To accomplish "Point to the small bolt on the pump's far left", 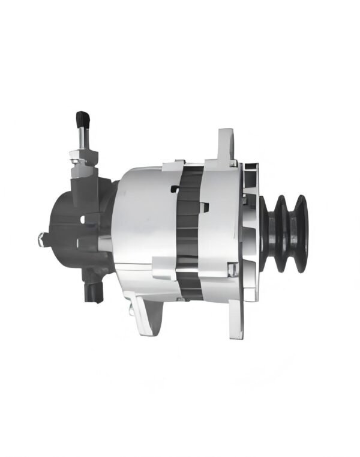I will click(x=42, y=239).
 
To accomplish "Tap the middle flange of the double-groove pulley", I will click(x=282, y=233).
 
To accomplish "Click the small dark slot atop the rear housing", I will click(x=175, y=189).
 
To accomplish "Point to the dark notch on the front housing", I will click(x=205, y=207).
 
